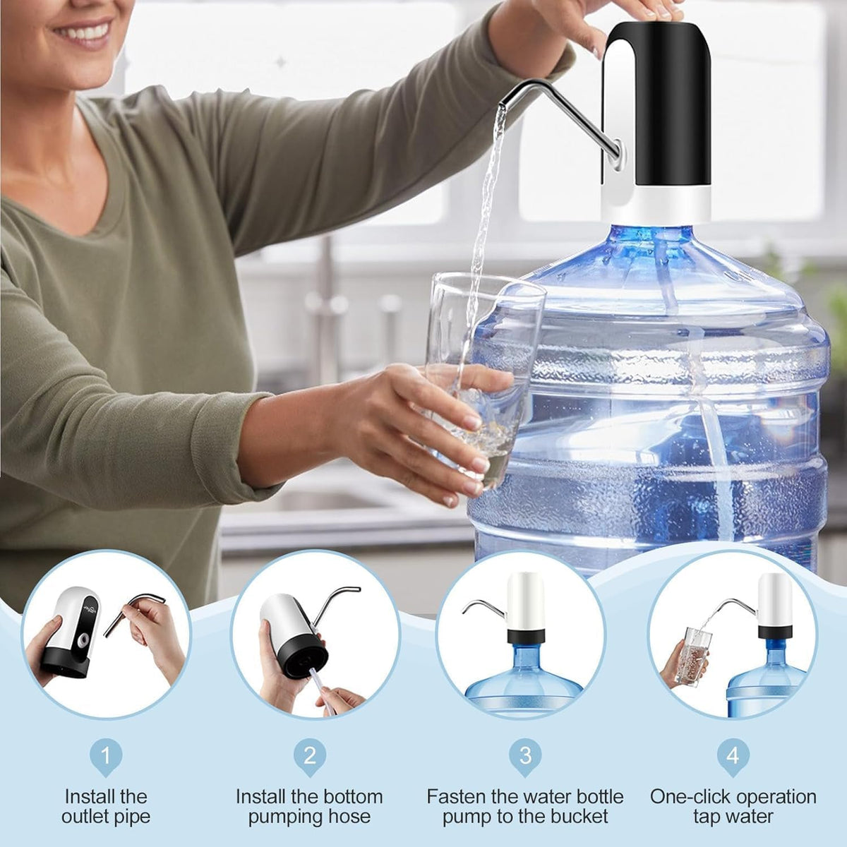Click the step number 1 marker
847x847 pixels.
click(x=106, y=756)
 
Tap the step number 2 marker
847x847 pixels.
click(x=309, y=756)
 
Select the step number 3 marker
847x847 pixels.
click(x=525, y=756)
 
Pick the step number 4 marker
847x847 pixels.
click(x=733, y=756)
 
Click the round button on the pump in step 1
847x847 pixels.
click(x=83, y=639)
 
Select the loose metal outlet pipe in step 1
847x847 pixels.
click(x=134, y=611)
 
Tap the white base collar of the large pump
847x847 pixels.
click(x=656, y=205)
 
